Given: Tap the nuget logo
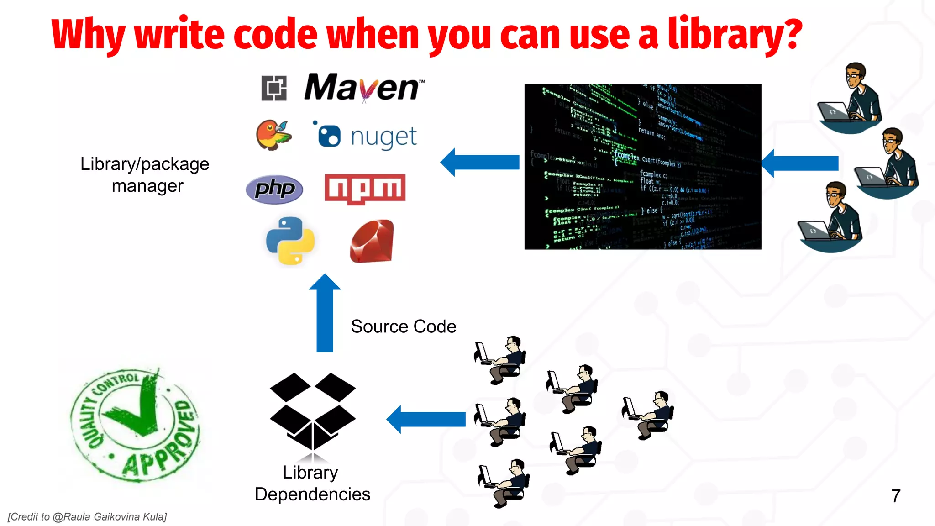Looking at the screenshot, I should tap(365, 136).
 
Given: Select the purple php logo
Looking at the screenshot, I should tap(274, 189).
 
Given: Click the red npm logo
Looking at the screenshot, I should tap(365, 189).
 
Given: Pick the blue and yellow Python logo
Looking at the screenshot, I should tap(290, 240).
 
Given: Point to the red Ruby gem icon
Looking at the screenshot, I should tap(372, 241).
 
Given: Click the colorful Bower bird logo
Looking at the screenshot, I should tap(273, 135).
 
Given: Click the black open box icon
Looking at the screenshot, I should tap(313, 411).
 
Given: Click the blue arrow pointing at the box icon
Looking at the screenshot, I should tap(425, 419).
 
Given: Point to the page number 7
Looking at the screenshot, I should tap(896, 496).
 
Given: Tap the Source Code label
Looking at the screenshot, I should tap(404, 326).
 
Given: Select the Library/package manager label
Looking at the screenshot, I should tap(145, 175).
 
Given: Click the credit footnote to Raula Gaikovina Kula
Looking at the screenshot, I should tap(87, 517).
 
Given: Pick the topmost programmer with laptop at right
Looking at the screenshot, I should tap(851, 98).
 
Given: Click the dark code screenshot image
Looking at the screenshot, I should tap(643, 167).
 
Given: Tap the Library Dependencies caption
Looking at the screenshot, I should tap(312, 483).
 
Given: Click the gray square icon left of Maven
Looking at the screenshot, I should tap(274, 88).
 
